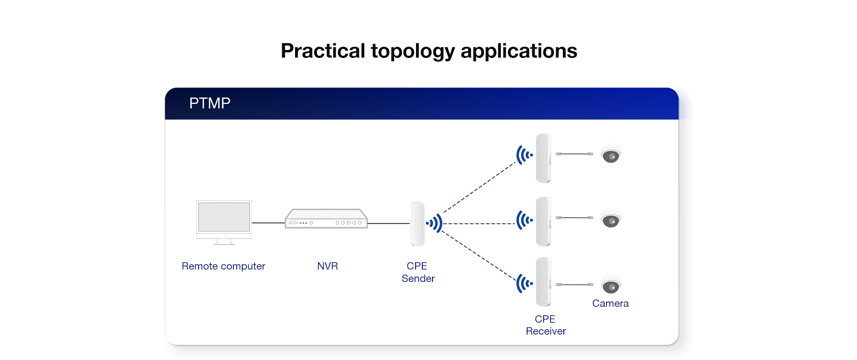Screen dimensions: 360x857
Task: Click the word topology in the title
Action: [412, 51]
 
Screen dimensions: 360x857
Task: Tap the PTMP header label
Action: [210, 103]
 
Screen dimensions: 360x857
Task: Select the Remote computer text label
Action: [223, 266]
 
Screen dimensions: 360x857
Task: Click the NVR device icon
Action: [326, 219]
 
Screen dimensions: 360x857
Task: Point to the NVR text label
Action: [327, 266]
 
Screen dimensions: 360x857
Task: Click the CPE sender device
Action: [417, 224]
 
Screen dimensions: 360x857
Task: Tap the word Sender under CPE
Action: [418, 279]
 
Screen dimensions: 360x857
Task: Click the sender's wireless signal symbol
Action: [434, 223]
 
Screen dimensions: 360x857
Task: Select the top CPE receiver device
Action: [543, 158]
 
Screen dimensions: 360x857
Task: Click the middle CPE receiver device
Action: [543, 221]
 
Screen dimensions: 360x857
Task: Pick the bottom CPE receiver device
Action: [543, 282]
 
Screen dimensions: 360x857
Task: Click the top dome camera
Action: [611, 155]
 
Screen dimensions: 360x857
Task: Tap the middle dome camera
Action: [611, 219]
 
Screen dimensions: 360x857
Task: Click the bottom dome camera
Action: [611, 286]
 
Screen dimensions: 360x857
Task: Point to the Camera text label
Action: [610, 304]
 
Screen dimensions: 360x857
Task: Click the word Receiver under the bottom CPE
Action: [545, 331]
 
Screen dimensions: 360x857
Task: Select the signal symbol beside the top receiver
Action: [524, 155]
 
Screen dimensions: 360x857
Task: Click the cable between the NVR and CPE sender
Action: [388, 223]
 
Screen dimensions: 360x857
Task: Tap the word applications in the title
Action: [519, 51]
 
